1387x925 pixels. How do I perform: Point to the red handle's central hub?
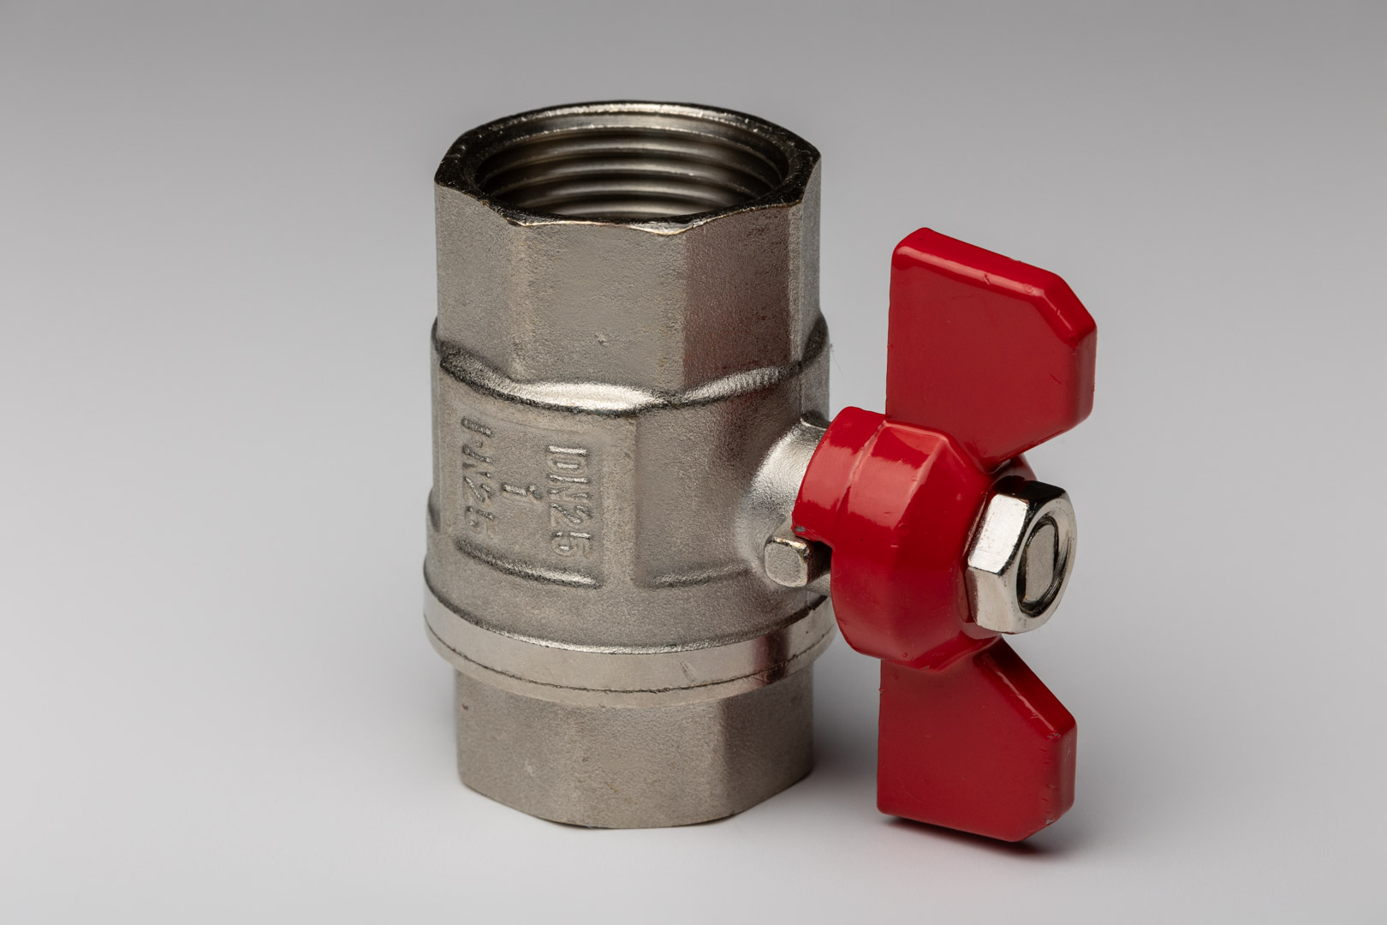(882, 531)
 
